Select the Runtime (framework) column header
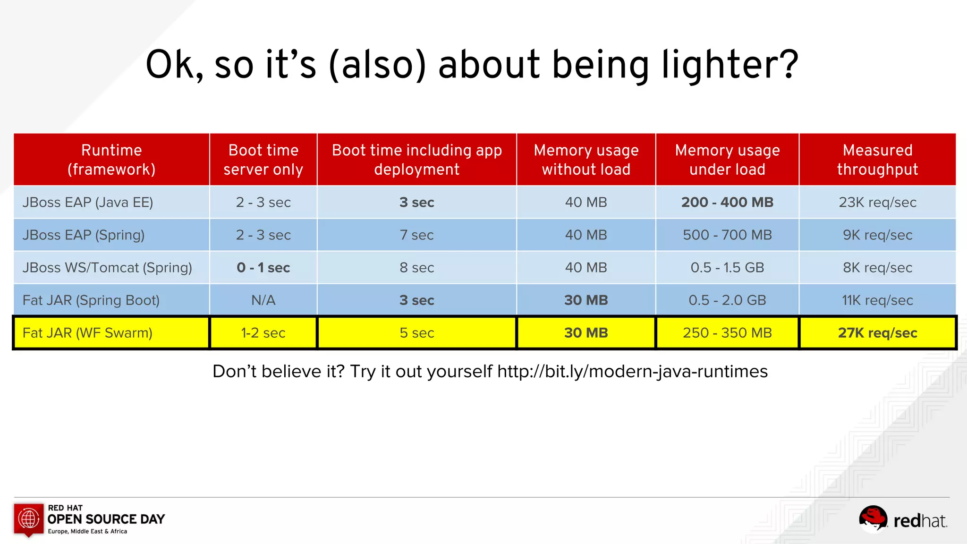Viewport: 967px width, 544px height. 111,160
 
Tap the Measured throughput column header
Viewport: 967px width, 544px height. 877,160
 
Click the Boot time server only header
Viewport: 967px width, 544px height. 263,160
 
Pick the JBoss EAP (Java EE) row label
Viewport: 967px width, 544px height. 88,202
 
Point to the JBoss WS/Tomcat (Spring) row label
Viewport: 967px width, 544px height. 107,267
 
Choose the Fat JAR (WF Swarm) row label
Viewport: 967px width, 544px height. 87,333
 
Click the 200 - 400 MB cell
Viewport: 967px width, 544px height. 727,202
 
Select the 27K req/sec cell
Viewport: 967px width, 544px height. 877,333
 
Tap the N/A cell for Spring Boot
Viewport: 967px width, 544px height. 263,300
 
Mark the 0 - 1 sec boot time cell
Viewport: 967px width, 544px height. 263,268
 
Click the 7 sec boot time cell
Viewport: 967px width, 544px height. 416,235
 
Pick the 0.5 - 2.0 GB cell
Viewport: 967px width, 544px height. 727,300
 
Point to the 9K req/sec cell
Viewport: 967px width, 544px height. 877,235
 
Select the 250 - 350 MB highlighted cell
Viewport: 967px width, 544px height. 727,333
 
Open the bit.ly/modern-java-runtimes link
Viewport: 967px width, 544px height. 632,372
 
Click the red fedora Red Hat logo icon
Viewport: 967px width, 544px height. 873,518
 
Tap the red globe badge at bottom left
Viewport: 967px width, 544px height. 29,519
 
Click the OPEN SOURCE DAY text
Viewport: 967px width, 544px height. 106,519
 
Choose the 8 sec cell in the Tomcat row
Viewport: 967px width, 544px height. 416,268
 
